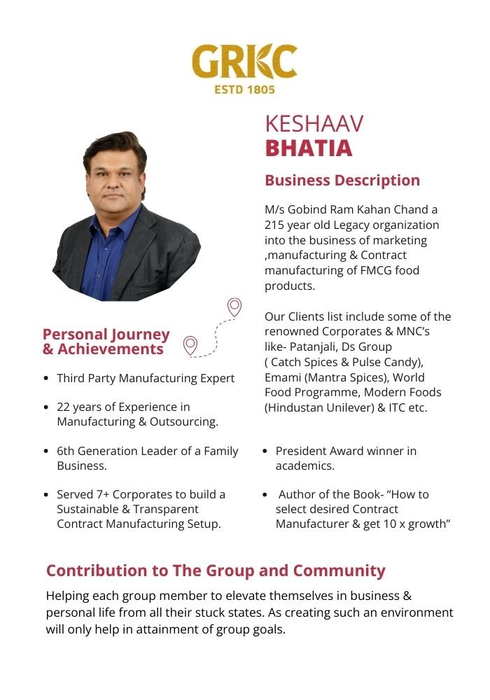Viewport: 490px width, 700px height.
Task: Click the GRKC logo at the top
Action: coord(244,62)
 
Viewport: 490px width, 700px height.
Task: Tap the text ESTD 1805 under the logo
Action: coord(244,90)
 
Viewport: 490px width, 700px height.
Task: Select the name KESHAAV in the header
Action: coord(314,124)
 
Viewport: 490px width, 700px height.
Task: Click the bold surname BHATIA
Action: coord(309,148)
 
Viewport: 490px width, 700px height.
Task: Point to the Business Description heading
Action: coord(342,181)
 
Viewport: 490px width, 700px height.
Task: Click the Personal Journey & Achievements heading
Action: coord(106,342)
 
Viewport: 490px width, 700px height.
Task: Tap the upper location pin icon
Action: coord(234,307)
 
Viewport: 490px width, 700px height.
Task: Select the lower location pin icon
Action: coord(190,344)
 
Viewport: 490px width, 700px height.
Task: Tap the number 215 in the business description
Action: coord(275,225)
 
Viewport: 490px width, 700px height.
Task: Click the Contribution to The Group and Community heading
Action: coord(216,570)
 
